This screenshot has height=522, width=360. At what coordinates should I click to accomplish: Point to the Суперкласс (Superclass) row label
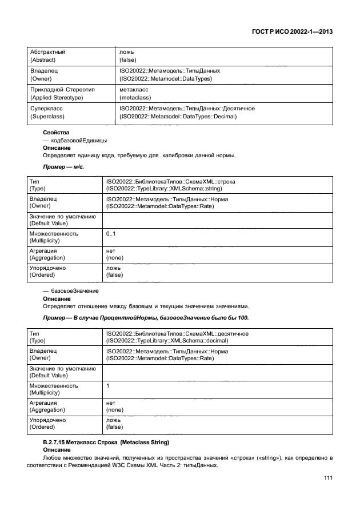[x=46, y=112]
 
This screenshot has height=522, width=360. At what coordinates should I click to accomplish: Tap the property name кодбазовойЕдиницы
[x=79, y=140]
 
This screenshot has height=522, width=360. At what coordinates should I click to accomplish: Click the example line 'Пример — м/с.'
[x=63, y=168]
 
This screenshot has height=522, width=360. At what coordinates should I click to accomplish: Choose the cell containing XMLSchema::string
[x=171, y=185]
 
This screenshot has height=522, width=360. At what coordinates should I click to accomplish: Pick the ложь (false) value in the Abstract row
[x=129, y=55]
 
